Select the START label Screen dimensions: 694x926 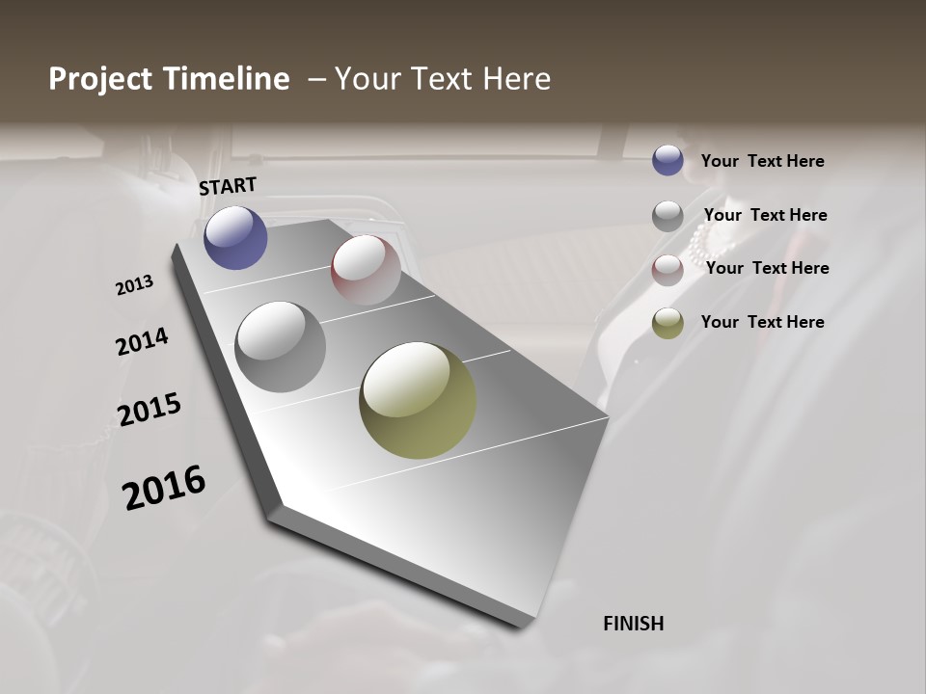[x=228, y=186]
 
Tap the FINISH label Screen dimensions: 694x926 [x=634, y=624]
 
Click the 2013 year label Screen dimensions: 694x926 [x=135, y=285]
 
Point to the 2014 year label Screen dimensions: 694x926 [x=143, y=341]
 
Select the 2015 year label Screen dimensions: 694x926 [x=150, y=410]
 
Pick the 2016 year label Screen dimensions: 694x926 [x=164, y=488]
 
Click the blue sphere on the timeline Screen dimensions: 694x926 [x=235, y=237]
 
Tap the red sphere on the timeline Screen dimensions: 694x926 [x=366, y=270]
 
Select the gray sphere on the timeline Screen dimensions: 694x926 [x=281, y=347]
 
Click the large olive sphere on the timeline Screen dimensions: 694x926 [x=418, y=400]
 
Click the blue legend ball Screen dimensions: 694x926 [x=667, y=160]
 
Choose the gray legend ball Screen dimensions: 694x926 [x=667, y=216]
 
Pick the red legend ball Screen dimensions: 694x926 [x=667, y=270]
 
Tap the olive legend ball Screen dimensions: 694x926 [x=667, y=324]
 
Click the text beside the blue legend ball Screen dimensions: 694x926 [x=763, y=162]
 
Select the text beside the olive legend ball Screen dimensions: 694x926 [x=763, y=322]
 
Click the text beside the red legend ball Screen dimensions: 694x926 [x=767, y=268]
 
